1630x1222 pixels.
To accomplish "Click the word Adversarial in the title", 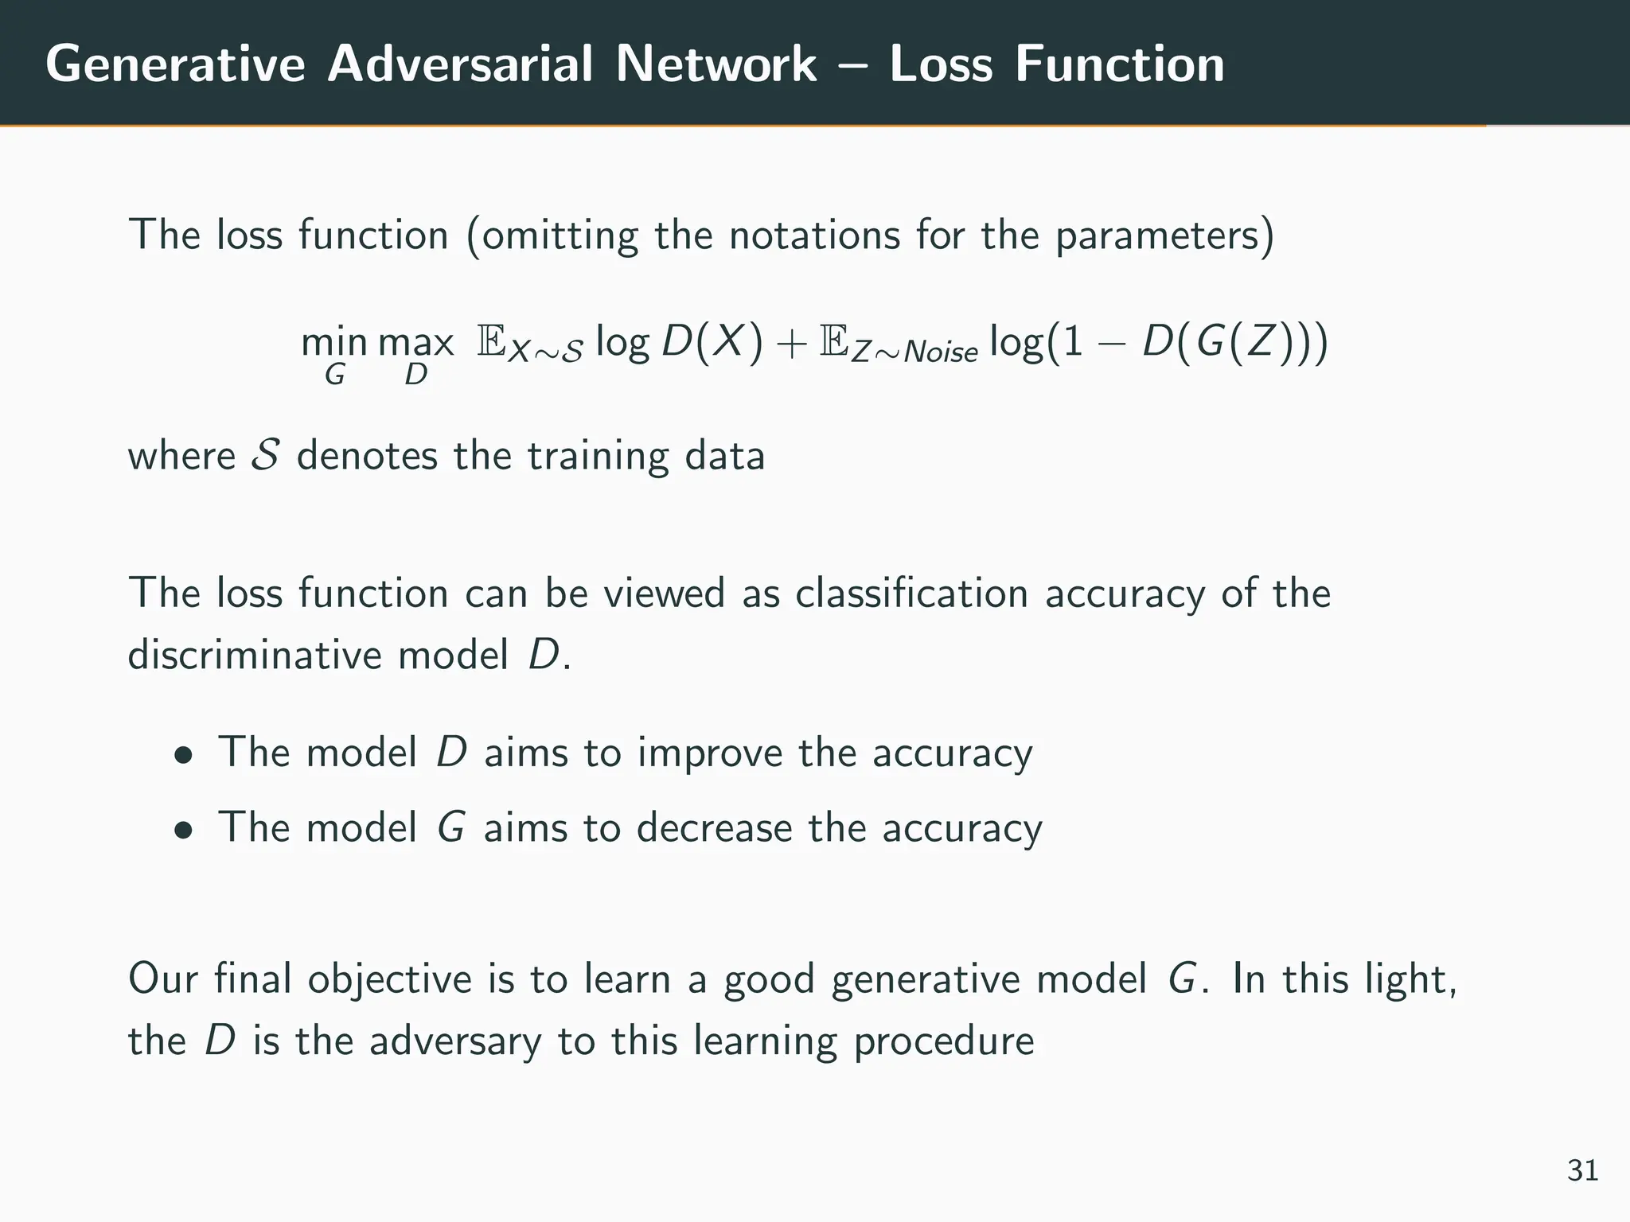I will pyautogui.click(x=460, y=64).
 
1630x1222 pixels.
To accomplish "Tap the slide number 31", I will pyautogui.click(x=1582, y=1171).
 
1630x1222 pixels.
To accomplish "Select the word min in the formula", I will pyautogui.click(x=334, y=344).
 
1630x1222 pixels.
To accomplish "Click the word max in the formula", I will pyautogui.click(x=415, y=344).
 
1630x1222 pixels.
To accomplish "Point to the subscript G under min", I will pyautogui.click(x=334, y=375).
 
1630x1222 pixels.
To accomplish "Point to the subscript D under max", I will pyautogui.click(x=415, y=375).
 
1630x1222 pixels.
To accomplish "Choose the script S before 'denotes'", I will pyautogui.click(x=264, y=456).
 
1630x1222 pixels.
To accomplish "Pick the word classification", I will pyautogui.click(x=911, y=593).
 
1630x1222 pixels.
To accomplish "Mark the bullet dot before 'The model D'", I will pyautogui.click(x=185, y=755).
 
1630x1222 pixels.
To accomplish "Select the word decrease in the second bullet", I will pyautogui.click(x=714, y=828).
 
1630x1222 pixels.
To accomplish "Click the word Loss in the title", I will pyautogui.click(x=941, y=64).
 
